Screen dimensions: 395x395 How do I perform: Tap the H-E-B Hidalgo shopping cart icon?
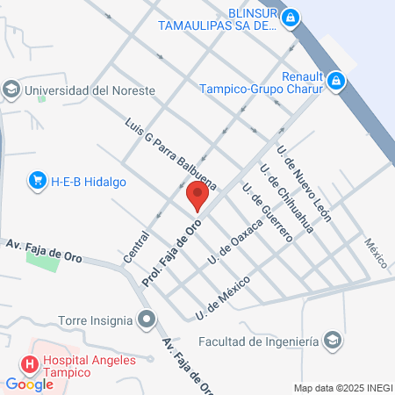(37, 181)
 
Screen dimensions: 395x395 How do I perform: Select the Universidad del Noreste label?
(90, 90)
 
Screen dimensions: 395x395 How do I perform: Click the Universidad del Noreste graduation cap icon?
(11, 90)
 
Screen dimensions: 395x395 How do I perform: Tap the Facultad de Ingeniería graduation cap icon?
(334, 340)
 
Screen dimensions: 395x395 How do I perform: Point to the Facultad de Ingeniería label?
(256, 341)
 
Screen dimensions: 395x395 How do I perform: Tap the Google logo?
(29, 384)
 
